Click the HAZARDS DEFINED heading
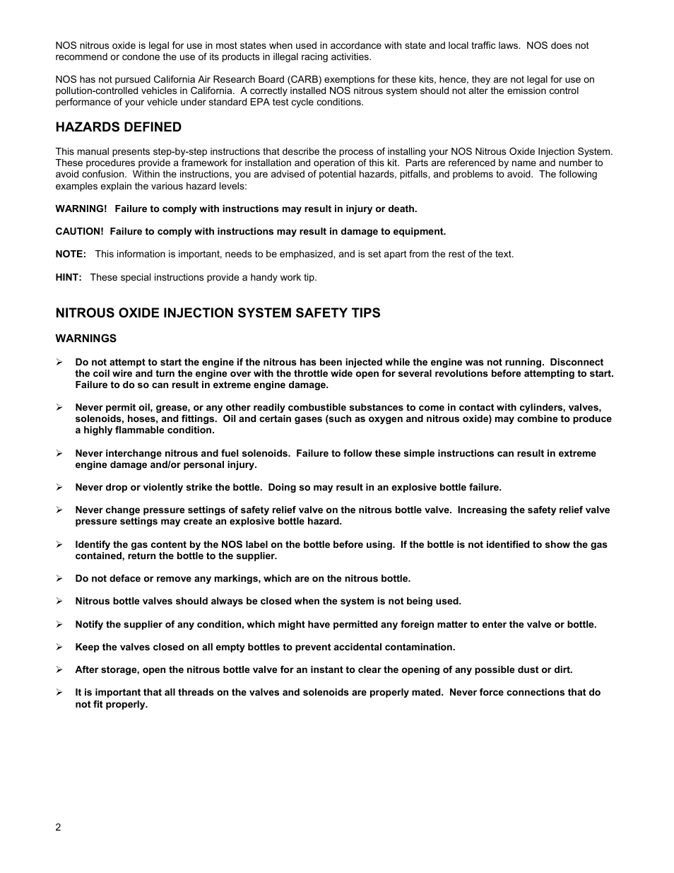point(118,127)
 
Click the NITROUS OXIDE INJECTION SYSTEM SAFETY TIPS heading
point(218,313)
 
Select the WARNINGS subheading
point(85,339)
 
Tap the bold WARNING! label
point(81,209)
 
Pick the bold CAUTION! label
point(79,232)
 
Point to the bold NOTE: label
point(71,254)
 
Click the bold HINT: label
point(69,277)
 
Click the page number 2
point(59,828)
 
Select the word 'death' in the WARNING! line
point(401,209)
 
